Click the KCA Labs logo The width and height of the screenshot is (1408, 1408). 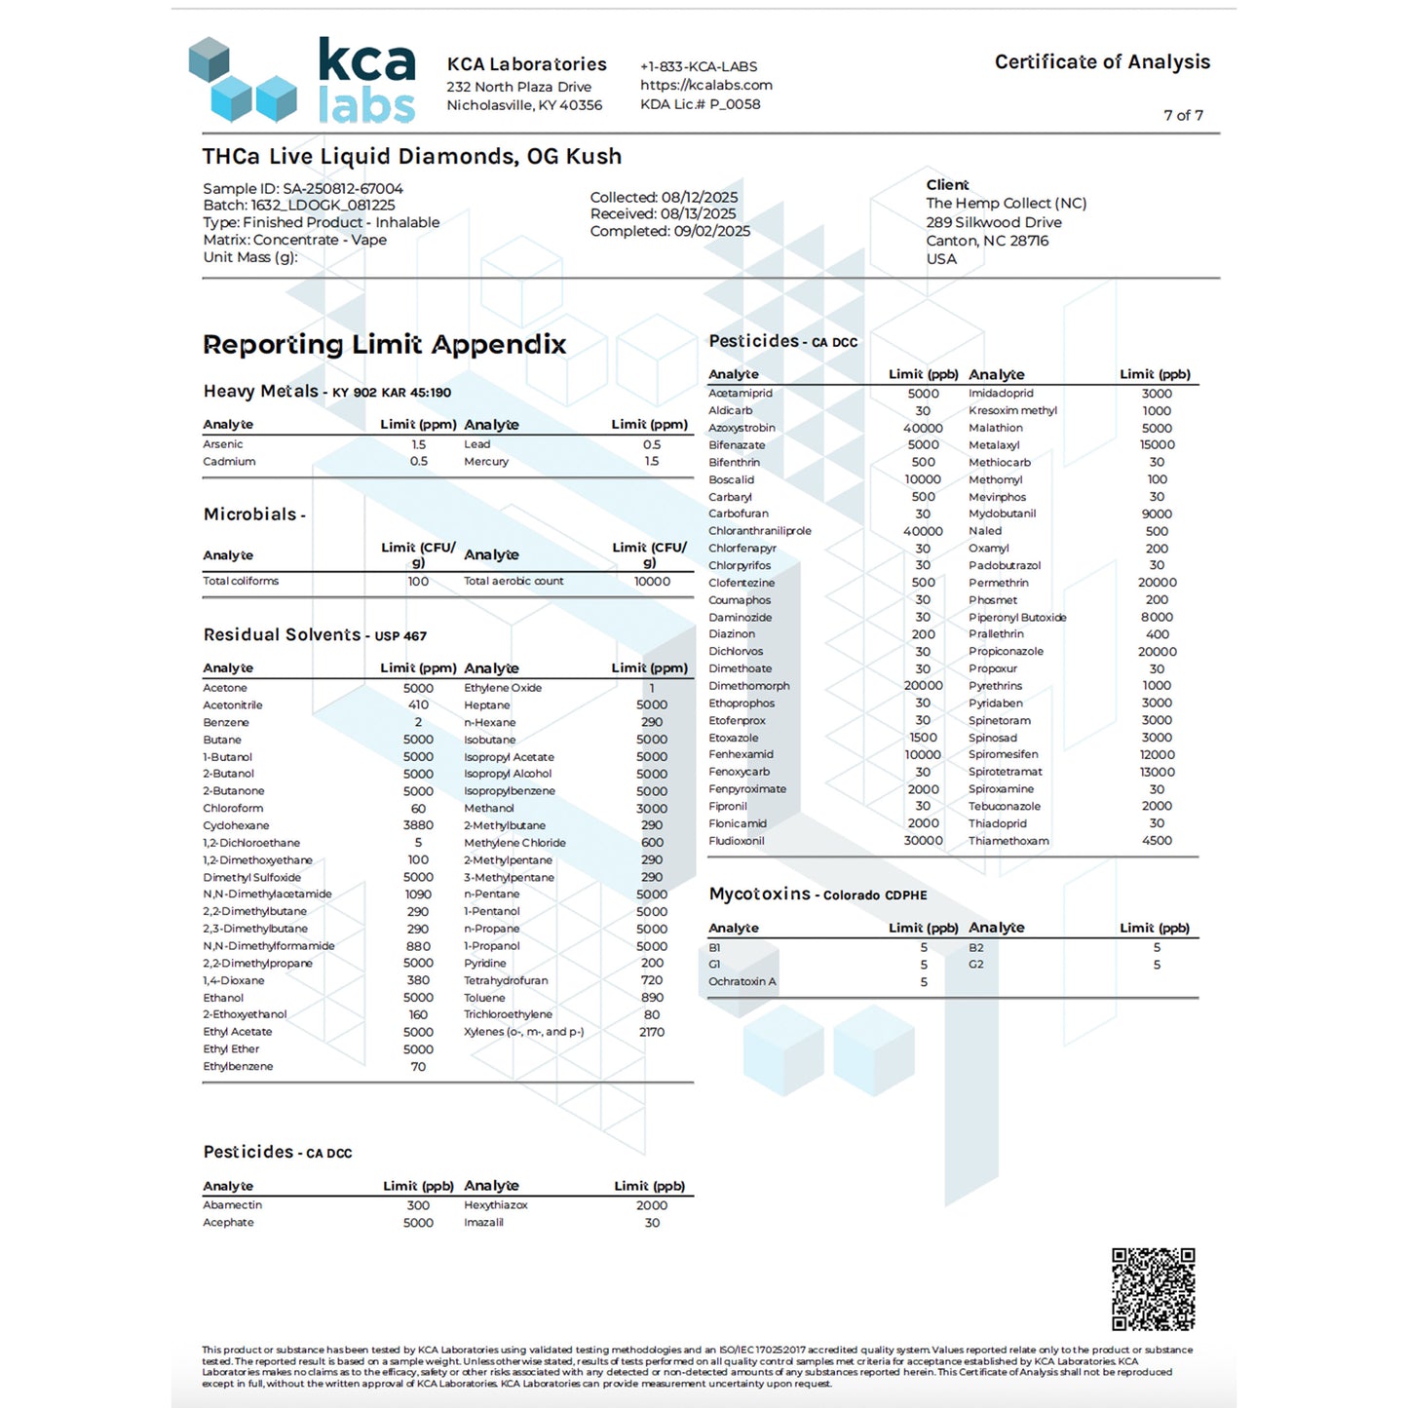302,80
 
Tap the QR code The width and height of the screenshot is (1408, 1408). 1153,1288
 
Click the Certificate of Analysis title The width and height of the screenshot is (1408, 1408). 1102,62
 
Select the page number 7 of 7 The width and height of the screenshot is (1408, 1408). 1183,115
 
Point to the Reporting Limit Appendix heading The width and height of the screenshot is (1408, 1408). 384,344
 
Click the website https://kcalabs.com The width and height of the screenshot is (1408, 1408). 705,85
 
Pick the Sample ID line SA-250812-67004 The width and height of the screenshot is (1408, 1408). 302,188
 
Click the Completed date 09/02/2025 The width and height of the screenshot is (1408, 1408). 670,231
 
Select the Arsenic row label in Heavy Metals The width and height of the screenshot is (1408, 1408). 223,444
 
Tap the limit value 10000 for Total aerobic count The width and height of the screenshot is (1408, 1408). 652,582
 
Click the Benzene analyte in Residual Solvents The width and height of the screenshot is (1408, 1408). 226,722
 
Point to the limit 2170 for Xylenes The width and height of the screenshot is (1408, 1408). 652,1032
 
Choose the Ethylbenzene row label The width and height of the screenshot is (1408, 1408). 238,1066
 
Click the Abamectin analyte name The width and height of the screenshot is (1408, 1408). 232,1205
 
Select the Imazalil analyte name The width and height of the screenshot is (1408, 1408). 483,1223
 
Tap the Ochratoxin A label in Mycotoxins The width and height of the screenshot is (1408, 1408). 742,981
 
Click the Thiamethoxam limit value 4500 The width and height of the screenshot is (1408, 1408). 1157,840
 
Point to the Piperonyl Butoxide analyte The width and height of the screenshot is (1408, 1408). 1017,617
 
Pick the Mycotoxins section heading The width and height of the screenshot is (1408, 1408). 760,894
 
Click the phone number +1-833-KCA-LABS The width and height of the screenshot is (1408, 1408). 699,66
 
